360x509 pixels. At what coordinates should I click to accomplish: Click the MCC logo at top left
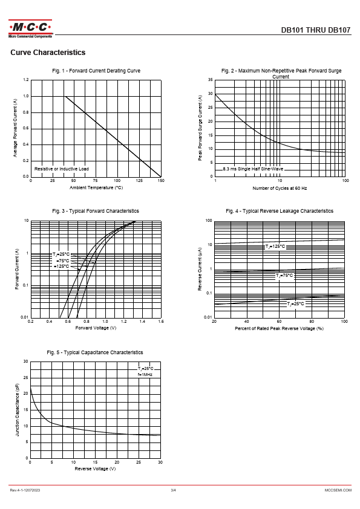pyautogui.click(x=30, y=28)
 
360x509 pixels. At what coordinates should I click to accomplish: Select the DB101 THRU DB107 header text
pyautogui.click(x=315, y=30)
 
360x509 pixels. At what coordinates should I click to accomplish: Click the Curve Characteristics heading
pyautogui.click(x=48, y=53)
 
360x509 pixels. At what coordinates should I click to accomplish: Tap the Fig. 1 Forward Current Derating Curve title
pyautogui.click(x=96, y=71)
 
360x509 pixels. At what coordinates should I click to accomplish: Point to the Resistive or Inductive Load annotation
pyautogui.click(x=61, y=169)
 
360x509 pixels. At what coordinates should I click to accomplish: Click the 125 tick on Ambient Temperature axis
pyautogui.click(x=139, y=181)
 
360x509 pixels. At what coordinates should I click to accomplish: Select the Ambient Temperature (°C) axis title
pyautogui.click(x=96, y=187)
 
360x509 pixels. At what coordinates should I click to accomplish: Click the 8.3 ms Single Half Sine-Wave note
pyautogui.click(x=253, y=169)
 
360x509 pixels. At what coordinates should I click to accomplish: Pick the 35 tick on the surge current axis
pyautogui.click(x=210, y=80)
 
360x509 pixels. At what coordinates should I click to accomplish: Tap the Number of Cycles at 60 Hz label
pyautogui.click(x=280, y=188)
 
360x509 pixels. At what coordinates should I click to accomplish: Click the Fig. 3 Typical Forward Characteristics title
pyautogui.click(x=96, y=211)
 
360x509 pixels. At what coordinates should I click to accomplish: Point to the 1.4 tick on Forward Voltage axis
pyautogui.click(x=142, y=322)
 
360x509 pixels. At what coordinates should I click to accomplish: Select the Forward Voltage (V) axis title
pyautogui.click(x=96, y=328)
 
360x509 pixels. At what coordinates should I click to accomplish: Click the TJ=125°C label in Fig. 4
pyautogui.click(x=275, y=247)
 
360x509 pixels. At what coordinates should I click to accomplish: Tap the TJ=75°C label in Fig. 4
pyautogui.click(x=284, y=276)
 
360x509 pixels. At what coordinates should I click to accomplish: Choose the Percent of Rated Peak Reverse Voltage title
pyautogui.click(x=279, y=328)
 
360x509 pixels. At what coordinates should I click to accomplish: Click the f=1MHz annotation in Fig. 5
pyautogui.click(x=145, y=375)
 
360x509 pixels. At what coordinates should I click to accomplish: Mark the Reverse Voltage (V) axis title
pyautogui.click(x=95, y=468)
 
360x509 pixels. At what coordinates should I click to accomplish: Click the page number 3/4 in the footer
pyautogui.click(x=173, y=490)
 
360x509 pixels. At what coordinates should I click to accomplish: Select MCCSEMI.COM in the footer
pyautogui.click(x=338, y=490)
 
